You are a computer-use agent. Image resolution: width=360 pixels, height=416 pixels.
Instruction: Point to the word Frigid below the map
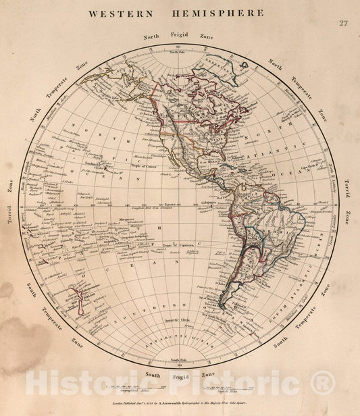pos(179,373)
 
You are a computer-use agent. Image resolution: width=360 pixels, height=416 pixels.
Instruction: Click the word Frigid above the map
pos(180,33)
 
